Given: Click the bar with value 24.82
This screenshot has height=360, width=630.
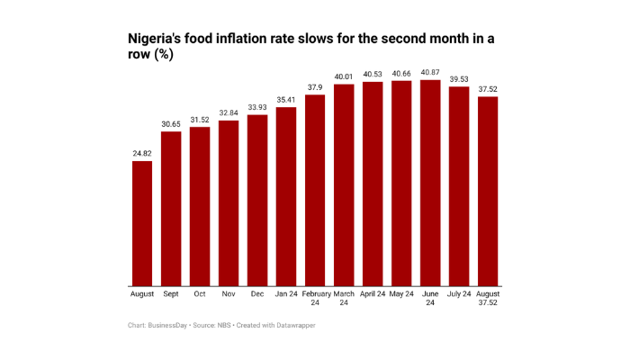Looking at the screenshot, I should pyautogui.click(x=142, y=223).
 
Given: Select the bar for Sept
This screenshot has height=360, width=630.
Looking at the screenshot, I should pyautogui.click(x=171, y=209).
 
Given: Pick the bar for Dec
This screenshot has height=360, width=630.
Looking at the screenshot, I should pyautogui.click(x=257, y=200).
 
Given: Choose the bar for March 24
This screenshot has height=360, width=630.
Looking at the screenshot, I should pyautogui.click(x=344, y=184).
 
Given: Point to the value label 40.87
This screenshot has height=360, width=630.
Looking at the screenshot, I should pyautogui.click(x=430, y=72).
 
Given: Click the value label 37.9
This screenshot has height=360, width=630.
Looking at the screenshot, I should pyautogui.click(x=315, y=87).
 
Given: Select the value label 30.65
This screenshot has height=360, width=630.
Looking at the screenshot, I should pyautogui.click(x=171, y=123).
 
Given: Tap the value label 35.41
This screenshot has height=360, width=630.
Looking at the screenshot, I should pyautogui.click(x=286, y=100).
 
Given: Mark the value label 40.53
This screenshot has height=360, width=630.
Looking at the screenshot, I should pyautogui.click(x=373, y=74).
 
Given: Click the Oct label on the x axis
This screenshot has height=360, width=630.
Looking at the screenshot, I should pyautogui.click(x=200, y=294).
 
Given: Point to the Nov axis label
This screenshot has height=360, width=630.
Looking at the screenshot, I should pyautogui.click(x=229, y=294).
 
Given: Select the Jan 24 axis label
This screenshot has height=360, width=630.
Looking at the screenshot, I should pyautogui.click(x=286, y=294).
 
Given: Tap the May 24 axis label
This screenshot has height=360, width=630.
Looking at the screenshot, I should pyautogui.click(x=401, y=294).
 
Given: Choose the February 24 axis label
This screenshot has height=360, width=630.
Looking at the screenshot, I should pyautogui.click(x=315, y=298).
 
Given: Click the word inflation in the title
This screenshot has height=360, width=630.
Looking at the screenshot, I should pyautogui.click(x=256, y=39).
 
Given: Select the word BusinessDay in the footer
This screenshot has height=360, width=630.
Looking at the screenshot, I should pyautogui.click(x=168, y=324).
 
